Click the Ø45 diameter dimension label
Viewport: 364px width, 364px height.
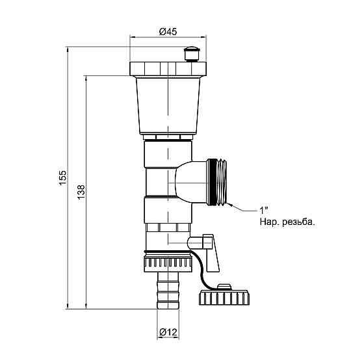(x=168, y=32)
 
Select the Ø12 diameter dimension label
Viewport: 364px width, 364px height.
(x=168, y=332)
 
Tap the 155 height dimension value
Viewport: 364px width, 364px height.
(x=62, y=177)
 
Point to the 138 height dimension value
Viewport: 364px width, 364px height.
(x=81, y=192)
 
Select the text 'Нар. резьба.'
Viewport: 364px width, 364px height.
(x=287, y=222)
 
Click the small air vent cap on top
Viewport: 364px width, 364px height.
(x=192, y=54)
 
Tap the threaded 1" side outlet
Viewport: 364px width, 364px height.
(x=217, y=182)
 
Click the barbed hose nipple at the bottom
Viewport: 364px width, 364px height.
(x=168, y=290)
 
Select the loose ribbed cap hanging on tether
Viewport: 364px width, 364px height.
(x=224, y=295)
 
